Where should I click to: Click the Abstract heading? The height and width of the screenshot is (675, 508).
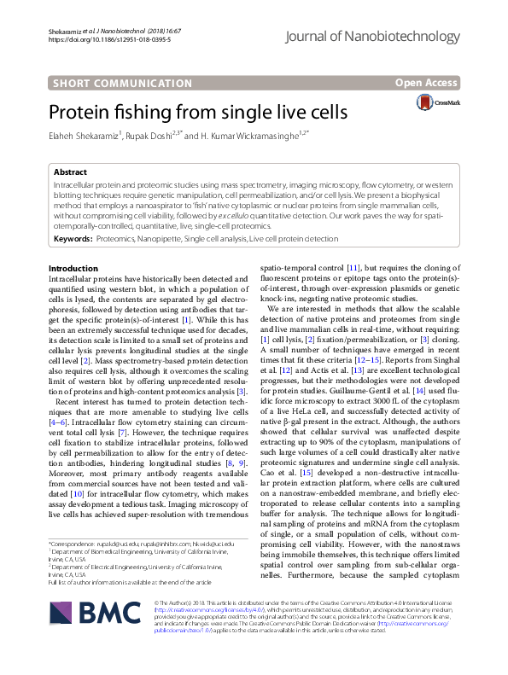click(x=69, y=172)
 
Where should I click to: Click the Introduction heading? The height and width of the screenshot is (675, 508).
click(x=73, y=269)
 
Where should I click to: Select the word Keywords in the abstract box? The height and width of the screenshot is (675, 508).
click(x=73, y=240)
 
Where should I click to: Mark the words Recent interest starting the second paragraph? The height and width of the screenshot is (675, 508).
click(x=82, y=400)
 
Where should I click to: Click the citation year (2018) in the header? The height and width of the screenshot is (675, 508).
click(x=140, y=31)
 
